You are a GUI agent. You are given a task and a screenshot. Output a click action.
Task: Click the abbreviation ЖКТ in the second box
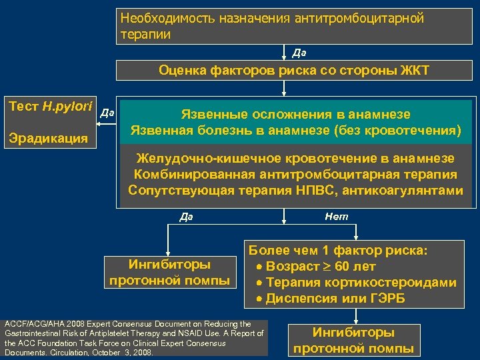pos(413,71)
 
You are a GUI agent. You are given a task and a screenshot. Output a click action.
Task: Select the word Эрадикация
pos(47,139)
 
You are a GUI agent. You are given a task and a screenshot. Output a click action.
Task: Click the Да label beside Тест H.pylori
pos(107,114)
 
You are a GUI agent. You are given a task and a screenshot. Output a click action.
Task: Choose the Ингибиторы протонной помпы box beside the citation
pos(353,340)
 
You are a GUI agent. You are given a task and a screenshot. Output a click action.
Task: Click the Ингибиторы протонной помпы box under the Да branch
pos(169,272)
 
